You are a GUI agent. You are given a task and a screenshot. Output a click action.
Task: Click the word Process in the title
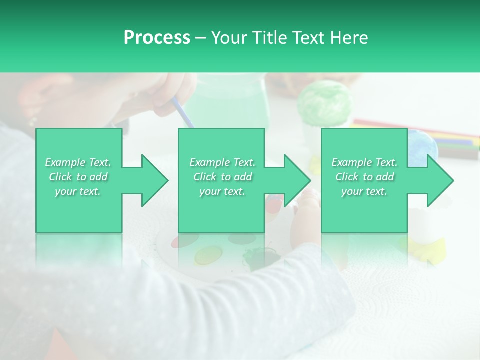point(157,38)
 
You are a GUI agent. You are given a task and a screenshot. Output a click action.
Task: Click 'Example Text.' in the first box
point(78,162)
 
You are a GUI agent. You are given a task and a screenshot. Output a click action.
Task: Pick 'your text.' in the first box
point(78,191)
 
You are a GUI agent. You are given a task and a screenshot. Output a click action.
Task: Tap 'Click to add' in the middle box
point(222,177)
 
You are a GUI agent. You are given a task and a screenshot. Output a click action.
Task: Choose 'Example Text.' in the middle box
point(222,162)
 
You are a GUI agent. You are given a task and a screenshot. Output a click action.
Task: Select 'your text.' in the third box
point(364,191)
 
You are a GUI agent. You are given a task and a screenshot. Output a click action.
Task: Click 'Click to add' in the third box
point(364,177)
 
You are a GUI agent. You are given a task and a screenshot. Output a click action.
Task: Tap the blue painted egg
point(422,145)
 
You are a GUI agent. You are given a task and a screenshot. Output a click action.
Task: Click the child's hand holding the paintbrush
point(175,90)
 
